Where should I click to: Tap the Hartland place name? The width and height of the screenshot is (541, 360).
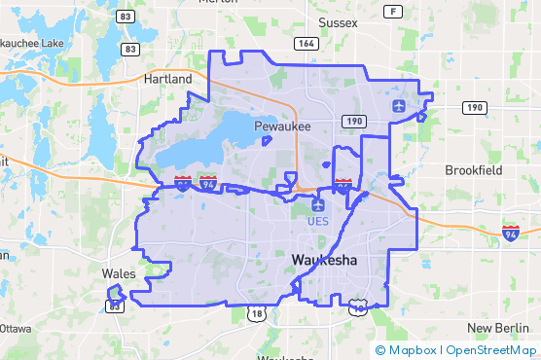click(x=168, y=78)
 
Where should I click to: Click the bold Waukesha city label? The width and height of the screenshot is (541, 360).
click(x=324, y=260)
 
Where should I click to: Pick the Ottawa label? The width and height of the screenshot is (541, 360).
click(x=16, y=328)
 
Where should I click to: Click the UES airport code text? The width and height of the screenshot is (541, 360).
click(x=318, y=221)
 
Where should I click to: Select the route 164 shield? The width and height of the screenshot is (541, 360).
click(x=306, y=43)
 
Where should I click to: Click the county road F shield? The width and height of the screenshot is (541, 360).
click(x=392, y=12)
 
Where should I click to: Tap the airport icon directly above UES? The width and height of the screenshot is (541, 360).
click(x=318, y=205)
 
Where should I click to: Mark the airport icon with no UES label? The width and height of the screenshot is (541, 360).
click(x=400, y=105)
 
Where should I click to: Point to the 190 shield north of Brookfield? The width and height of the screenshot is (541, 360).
click(x=474, y=107)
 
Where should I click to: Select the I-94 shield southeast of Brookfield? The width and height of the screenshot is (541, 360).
click(x=511, y=232)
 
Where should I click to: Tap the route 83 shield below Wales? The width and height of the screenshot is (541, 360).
click(x=116, y=306)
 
